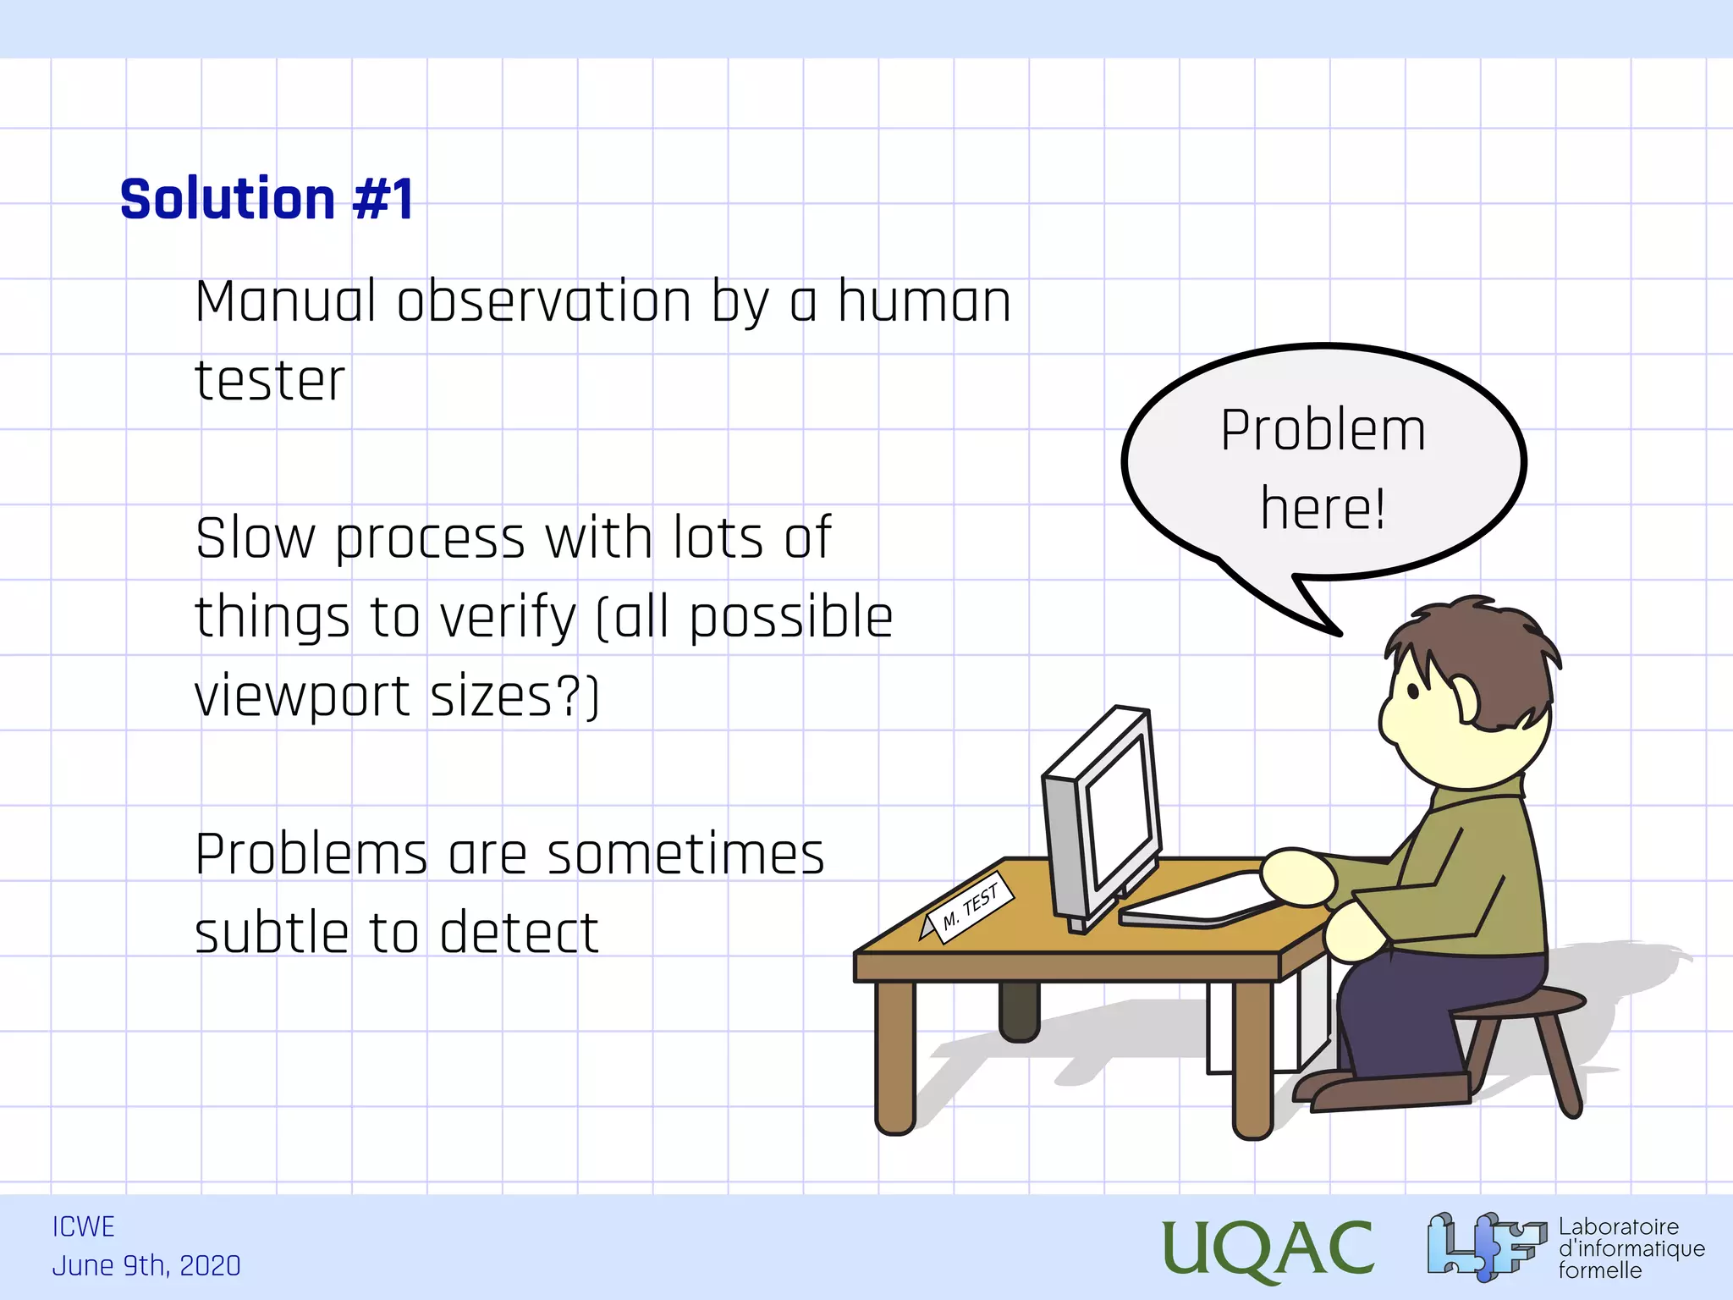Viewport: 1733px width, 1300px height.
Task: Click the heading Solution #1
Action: (x=267, y=200)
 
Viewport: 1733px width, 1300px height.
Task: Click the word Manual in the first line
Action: (x=285, y=302)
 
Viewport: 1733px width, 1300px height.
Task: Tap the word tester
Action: (x=270, y=382)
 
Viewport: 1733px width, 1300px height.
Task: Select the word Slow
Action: (x=255, y=539)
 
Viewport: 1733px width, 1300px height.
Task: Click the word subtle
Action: (x=270, y=934)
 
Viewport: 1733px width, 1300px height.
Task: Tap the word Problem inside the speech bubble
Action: (x=1323, y=431)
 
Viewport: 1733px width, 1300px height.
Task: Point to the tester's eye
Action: (x=1413, y=691)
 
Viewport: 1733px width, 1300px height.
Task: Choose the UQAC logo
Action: (x=1267, y=1248)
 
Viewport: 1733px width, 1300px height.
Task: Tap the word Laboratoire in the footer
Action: (x=1618, y=1227)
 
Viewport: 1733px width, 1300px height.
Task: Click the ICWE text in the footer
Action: (x=83, y=1227)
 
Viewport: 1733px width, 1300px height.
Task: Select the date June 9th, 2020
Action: (x=146, y=1266)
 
